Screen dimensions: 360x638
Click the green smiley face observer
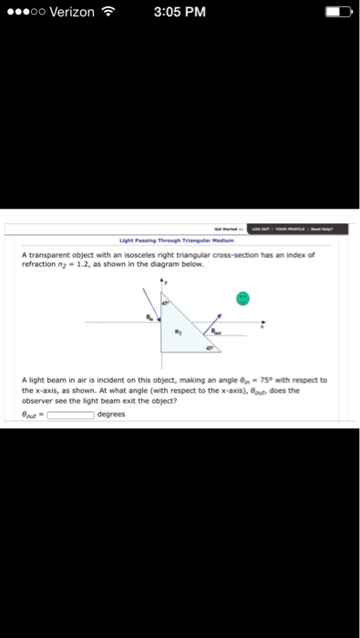(242, 297)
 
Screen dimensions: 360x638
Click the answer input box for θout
(71, 414)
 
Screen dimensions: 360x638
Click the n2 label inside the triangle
(179, 334)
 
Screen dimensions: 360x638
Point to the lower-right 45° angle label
(209, 348)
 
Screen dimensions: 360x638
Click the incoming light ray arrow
(149, 309)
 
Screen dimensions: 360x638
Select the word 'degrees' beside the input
(110, 414)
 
